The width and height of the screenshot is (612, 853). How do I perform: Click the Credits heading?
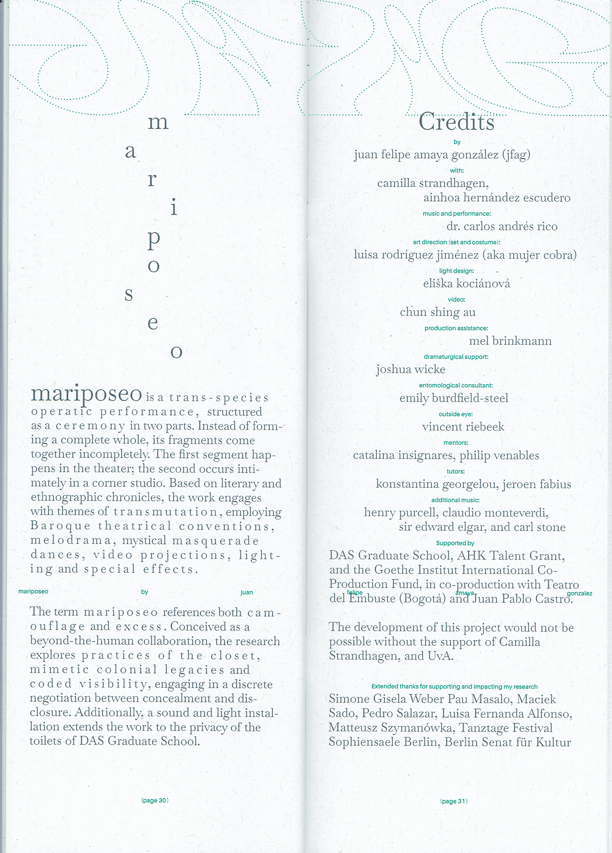456,122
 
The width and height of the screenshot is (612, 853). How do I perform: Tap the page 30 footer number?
155,801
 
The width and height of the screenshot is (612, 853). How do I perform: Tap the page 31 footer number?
454,801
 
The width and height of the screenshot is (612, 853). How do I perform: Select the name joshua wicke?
411,369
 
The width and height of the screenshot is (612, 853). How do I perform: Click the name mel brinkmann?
510,341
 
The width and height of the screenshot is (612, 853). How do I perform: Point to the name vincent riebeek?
463,426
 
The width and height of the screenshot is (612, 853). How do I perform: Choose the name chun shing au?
438,312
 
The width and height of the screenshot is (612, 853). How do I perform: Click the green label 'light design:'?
456,271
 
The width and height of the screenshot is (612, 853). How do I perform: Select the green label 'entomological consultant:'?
455,386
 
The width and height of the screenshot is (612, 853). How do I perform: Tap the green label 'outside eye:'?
455,414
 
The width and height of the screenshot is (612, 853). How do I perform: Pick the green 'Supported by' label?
455,543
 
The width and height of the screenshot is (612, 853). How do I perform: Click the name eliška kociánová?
467,284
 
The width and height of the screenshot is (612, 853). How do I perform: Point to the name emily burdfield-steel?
454,398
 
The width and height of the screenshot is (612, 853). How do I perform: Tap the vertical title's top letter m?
158,123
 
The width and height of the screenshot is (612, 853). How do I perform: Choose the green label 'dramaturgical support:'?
456,357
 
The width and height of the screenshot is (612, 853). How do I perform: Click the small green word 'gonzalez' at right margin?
579,593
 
